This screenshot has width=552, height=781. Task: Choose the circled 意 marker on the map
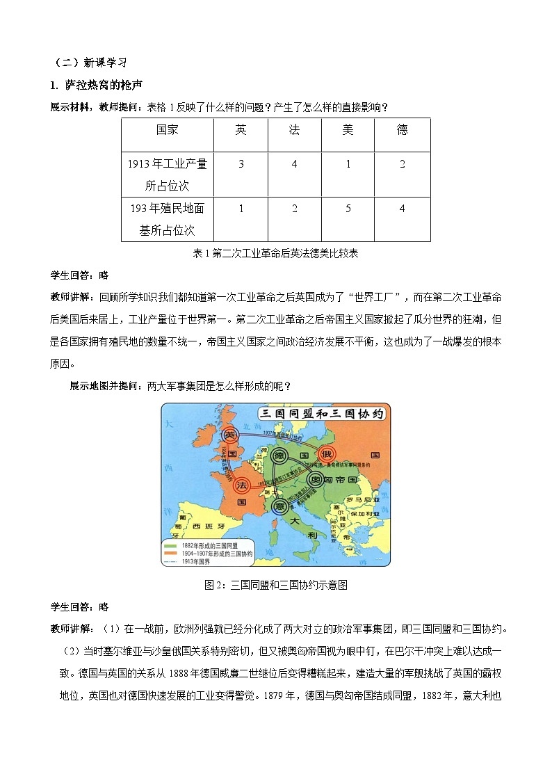pyautogui.click(x=279, y=506)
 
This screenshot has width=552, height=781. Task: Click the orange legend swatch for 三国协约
pyautogui.click(x=170, y=553)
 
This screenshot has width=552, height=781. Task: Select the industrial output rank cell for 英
pyautogui.click(x=241, y=164)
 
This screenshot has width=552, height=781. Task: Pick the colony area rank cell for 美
pyautogui.click(x=348, y=208)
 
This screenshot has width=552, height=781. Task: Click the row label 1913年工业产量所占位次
pyautogui.click(x=168, y=175)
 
